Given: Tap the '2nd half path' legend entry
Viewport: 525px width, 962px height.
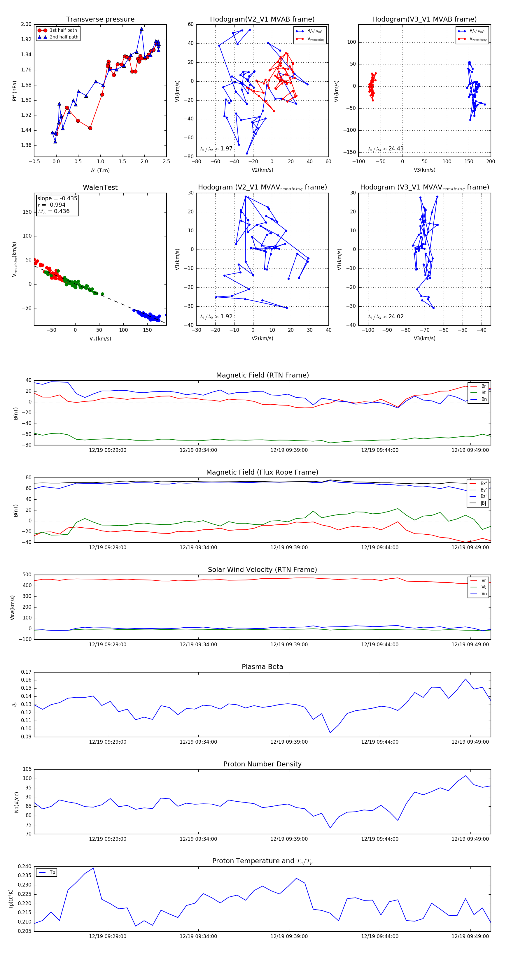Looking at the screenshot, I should tap(64, 37).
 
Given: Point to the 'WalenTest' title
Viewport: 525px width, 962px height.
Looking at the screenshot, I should tap(100, 187).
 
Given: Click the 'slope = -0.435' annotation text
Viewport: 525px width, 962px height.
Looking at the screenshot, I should tap(57, 198).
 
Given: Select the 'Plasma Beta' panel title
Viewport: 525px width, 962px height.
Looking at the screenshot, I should tap(262, 667).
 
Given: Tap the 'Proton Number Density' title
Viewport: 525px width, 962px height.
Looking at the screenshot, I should tap(262, 764).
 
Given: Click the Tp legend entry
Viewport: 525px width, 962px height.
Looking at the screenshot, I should tap(52, 873).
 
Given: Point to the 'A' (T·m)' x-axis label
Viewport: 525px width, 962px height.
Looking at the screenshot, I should tap(100, 170).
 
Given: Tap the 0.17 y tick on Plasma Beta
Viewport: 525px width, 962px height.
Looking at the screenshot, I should tap(26, 672).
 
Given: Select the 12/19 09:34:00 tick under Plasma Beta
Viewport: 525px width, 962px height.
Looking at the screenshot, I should tap(198, 742).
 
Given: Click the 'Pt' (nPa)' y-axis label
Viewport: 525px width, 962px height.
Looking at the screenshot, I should tap(15, 91).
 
